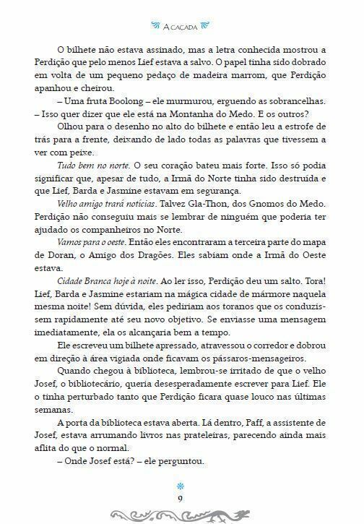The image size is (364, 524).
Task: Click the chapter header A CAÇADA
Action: coord(182,27)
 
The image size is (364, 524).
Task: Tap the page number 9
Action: coord(182,497)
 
